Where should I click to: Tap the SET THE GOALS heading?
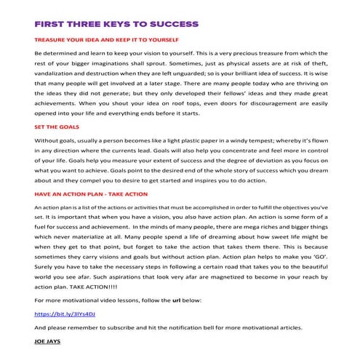click(x=57, y=127)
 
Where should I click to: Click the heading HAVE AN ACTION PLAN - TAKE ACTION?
click(x=91, y=194)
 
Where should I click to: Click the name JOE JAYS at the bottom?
click(x=48, y=340)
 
